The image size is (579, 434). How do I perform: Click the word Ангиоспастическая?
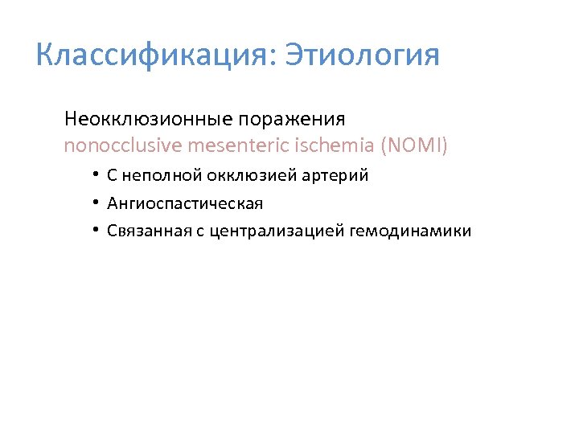click(185, 203)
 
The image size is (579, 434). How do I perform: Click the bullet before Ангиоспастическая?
click(94, 203)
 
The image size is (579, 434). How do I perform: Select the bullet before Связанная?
click(94, 231)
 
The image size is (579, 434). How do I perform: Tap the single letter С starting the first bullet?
click(112, 175)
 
